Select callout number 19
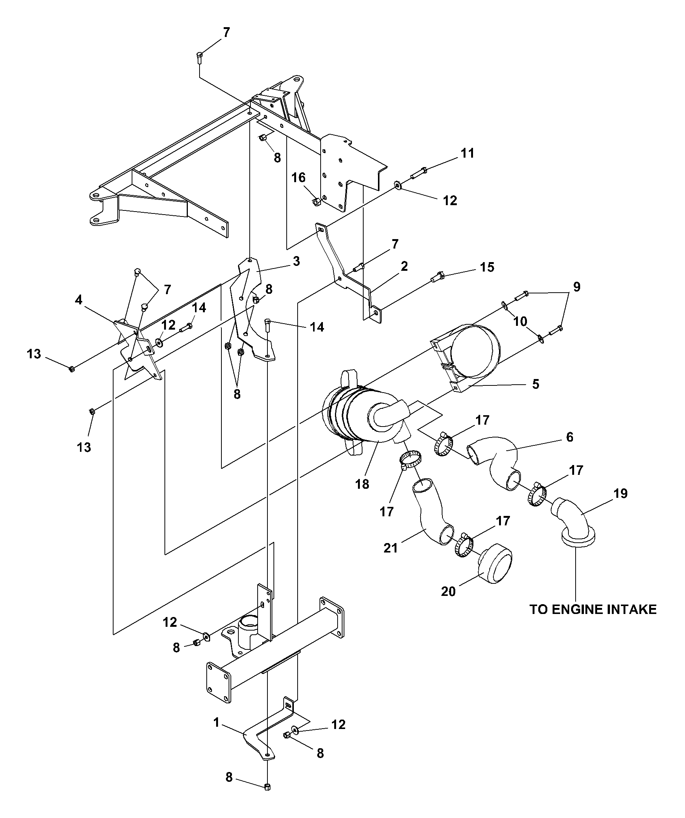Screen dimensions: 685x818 click(621, 494)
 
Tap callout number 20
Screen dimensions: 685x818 click(448, 592)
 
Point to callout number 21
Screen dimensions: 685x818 click(391, 548)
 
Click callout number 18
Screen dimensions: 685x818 click(362, 484)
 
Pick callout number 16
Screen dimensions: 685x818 click(299, 178)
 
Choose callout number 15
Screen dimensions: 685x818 click(487, 267)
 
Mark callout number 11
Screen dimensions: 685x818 click(468, 153)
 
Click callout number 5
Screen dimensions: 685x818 click(536, 384)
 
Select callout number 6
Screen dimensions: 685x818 click(570, 437)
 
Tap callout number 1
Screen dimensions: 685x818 click(217, 723)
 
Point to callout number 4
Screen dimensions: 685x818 click(79, 300)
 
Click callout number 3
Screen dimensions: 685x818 click(296, 261)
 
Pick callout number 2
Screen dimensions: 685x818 click(404, 266)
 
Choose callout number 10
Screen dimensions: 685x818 click(520, 321)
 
